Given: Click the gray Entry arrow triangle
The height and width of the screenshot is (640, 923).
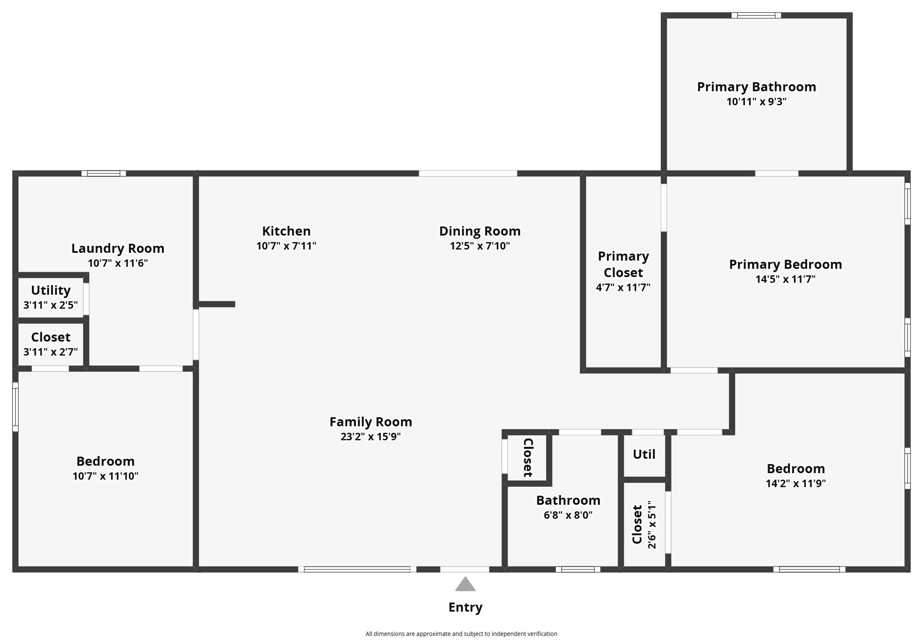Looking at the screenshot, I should point(465,585).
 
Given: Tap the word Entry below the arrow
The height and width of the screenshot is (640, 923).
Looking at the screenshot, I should point(465,607).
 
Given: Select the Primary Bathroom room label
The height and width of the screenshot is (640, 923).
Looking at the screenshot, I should point(756,87).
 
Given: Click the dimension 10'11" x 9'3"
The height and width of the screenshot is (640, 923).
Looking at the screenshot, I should point(756,101).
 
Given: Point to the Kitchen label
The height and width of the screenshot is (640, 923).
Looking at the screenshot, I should point(286,231).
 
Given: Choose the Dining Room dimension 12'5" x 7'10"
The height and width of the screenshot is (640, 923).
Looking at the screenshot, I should point(480,246).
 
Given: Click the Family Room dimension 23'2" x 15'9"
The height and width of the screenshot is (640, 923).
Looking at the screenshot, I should point(370,436).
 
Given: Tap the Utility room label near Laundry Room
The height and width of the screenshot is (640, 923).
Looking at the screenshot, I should point(50,290).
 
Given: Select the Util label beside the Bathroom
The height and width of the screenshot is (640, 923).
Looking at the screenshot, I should point(644,454).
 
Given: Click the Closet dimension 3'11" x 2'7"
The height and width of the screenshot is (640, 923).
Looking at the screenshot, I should point(50,352).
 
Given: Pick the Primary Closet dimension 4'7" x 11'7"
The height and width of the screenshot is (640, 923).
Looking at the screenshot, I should point(623,287).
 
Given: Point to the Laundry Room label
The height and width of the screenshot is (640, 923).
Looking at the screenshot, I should point(118,248).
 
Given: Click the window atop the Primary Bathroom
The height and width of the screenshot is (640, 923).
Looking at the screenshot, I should point(756,15).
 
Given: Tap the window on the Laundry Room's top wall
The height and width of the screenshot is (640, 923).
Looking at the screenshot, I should point(103,173).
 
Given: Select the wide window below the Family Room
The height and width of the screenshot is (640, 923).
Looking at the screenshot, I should point(357,569).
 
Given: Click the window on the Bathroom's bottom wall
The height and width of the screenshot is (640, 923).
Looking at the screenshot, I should point(578,569).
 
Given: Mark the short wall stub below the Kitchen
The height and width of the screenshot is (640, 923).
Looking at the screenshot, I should point(217,304).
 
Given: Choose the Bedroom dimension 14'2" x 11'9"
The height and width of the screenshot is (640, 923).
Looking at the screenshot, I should point(795,483).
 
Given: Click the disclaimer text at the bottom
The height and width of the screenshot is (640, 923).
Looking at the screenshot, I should point(461,633).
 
